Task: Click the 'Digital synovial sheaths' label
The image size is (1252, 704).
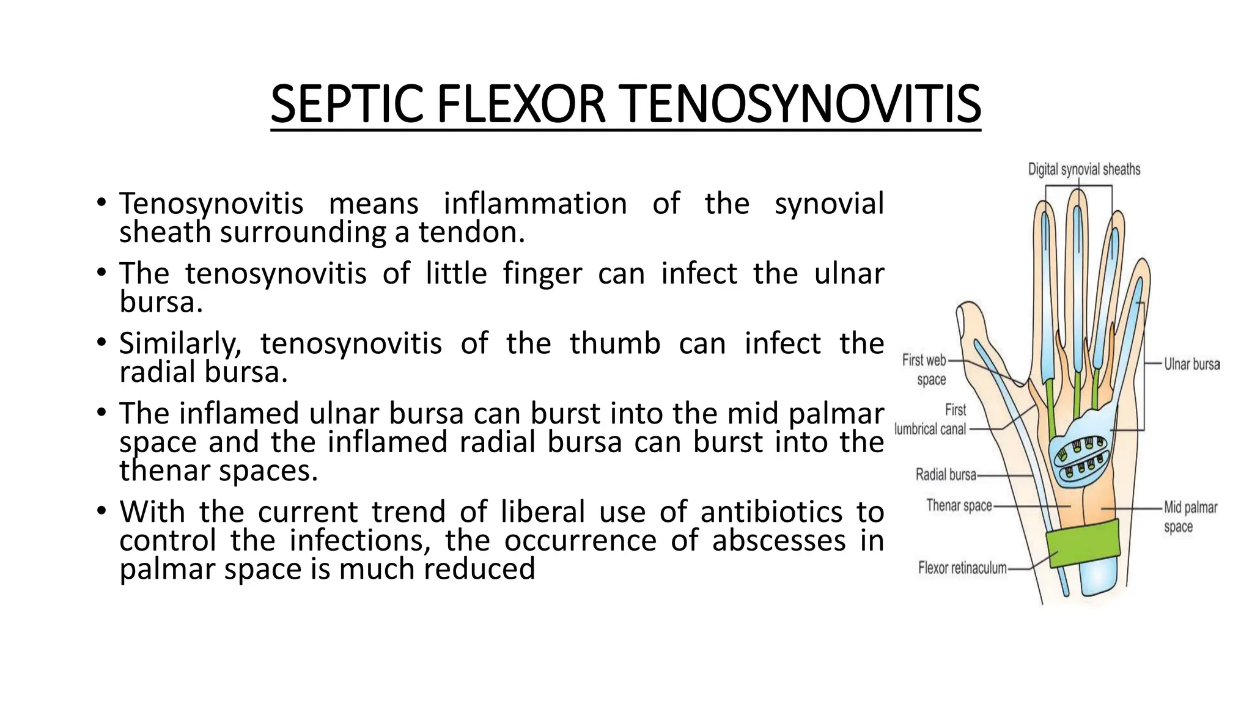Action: click(1084, 169)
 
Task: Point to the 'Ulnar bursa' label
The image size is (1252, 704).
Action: click(1191, 364)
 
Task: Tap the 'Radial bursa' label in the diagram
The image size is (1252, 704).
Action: click(946, 474)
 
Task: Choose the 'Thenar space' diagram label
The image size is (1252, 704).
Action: click(959, 505)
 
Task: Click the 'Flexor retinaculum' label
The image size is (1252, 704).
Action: click(962, 568)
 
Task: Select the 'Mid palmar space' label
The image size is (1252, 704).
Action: click(1190, 516)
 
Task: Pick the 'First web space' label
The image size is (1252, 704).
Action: click(924, 370)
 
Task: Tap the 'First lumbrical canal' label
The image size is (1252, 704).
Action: click(931, 419)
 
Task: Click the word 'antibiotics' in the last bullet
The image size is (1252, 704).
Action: click(771, 512)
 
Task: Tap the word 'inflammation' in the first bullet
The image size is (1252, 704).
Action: click(535, 204)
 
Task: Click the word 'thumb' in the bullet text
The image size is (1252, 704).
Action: click(615, 343)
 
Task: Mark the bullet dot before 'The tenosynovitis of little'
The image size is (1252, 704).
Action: click(101, 273)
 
